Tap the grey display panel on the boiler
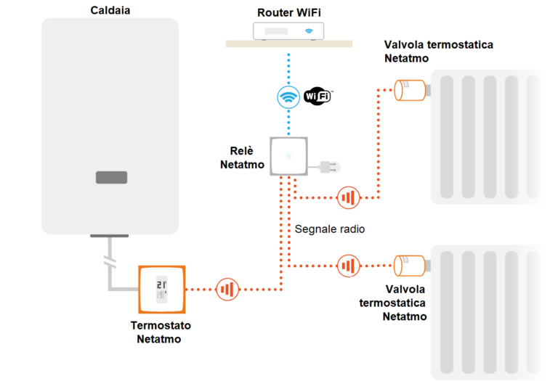click(111, 177)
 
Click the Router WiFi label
click(288, 12)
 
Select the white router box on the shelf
click(288, 31)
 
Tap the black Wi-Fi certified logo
click(318, 95)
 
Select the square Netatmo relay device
click(289, 156)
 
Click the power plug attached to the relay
click(330, 168)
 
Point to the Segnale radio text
click(329, 229)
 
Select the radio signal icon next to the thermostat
click(227, 290)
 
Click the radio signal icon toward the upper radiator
click(348, 197)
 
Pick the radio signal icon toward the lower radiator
click(348, 266)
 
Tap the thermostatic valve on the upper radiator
click(410, 90)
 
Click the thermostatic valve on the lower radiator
click(410, 266)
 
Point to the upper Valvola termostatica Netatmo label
click(438, 51)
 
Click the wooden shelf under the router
click(288, 44)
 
